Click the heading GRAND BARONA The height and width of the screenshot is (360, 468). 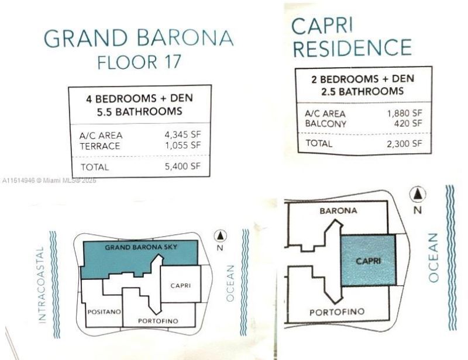tap(139, 39)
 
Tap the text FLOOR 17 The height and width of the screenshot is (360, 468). tap(139, 62)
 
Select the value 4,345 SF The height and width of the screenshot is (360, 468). tap(183, 135)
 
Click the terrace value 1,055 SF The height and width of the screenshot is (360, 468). tap(183, 145)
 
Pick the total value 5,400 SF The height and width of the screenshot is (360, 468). tap(183, 167)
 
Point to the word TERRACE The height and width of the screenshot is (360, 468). tap(100, 145)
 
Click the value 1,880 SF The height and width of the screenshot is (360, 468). tap(404, 114)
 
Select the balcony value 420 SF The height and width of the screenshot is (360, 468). tap(408, 123)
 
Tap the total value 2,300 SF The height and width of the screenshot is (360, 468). tap(404, 143)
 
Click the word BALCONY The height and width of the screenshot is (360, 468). tap(326, 124)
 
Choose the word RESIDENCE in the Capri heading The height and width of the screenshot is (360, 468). tap(352, 48)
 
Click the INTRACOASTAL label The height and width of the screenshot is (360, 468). tap(40, 285)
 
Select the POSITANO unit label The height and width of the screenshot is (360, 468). tap(104, 312)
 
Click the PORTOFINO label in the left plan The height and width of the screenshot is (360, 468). tap(157, 321)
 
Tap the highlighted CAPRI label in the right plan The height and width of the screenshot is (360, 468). tap(369, 261)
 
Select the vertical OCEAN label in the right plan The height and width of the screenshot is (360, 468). tap(433, 257)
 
